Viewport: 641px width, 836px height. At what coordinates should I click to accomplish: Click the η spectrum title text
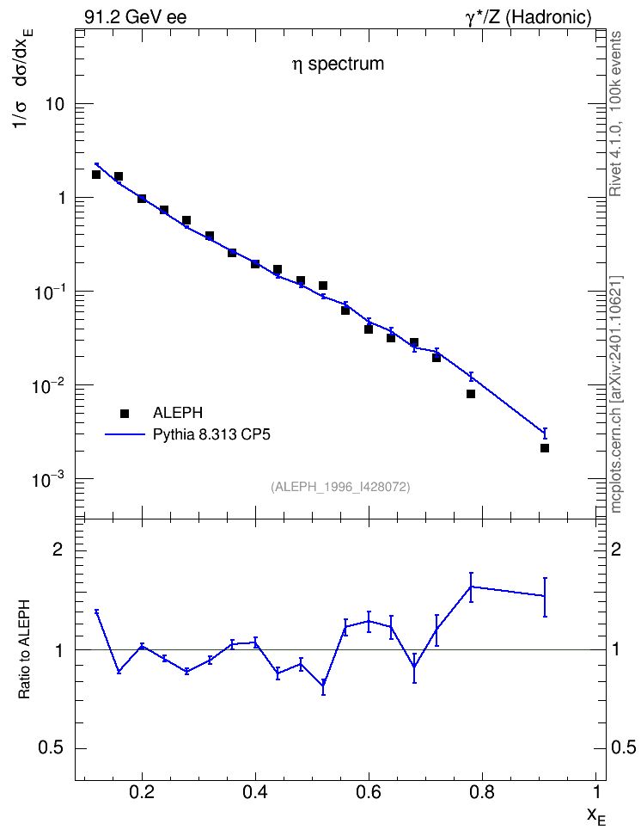pos(338,64)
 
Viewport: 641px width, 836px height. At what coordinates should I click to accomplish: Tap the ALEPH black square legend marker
pos(125,413)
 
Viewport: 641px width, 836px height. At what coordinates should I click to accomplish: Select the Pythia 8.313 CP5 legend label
pos(211,434)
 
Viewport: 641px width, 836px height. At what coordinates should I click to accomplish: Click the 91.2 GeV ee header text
pos(136,17)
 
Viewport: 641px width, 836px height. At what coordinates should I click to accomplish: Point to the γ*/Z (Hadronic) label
pos(528,17)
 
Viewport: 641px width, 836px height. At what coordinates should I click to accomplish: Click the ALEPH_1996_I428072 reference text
pos(340,487)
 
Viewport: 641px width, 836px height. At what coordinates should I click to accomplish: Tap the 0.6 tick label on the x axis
pos(369,792)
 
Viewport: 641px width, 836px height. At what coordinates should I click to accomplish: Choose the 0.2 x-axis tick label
pos(142,792)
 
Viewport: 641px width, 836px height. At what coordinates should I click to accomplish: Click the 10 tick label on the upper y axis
pos(54,104)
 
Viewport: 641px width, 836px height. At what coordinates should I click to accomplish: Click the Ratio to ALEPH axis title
pos(24,649)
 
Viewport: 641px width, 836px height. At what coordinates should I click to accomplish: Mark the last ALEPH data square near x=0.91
pos(545,448)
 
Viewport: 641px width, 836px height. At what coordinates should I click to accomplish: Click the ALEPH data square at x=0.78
pos(471,394)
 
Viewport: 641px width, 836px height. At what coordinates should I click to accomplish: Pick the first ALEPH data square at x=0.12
pos(96,175)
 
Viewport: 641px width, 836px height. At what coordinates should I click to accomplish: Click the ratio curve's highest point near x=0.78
pos(471,587)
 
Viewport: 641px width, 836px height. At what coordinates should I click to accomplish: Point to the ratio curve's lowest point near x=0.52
pos(323,685)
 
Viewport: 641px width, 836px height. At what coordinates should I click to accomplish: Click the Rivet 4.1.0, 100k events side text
pos(615,114)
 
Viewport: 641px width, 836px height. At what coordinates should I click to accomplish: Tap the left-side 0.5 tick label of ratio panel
pos(52,748)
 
